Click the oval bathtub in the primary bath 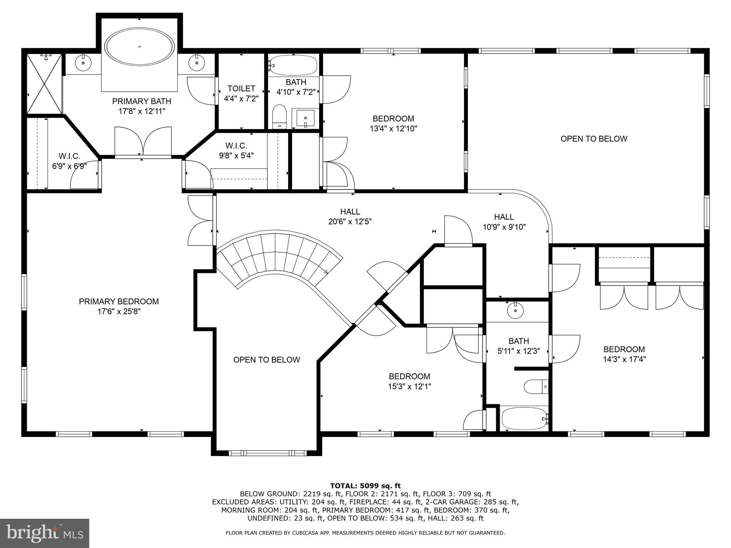(x=140, y=47)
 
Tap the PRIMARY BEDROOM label (x=119, y=301)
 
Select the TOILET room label (x=241, y=88)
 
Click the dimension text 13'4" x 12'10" (x=393, y=128)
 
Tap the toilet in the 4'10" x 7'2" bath (x=279, y=116)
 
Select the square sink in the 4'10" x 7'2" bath (x=306, y=118)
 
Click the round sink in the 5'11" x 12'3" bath (x=516, y=311)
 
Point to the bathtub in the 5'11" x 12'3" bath (x=523, y=419)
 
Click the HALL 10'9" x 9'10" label (x=504, y=222)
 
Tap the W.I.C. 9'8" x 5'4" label (x=236, y=151)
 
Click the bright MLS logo (x=44, y=533)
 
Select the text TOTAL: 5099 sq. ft (x=365, y=486)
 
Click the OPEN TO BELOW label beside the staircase (x=267, y=360)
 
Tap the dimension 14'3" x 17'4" (x=624, y=359)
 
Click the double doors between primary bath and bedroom (x=143, y=143)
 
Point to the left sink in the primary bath (x=83, y=63)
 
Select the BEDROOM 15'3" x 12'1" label (x=409, y=381)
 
